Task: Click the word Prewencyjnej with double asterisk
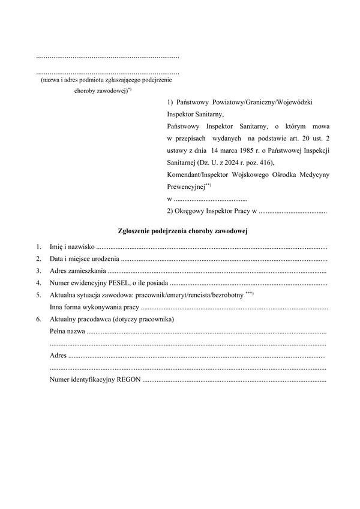[186, 186]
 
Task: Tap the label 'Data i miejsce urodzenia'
[84, 259]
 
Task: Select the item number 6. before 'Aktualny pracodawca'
[38, 319]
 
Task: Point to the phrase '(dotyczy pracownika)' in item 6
[143, 319]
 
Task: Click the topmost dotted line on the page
[108, 57]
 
